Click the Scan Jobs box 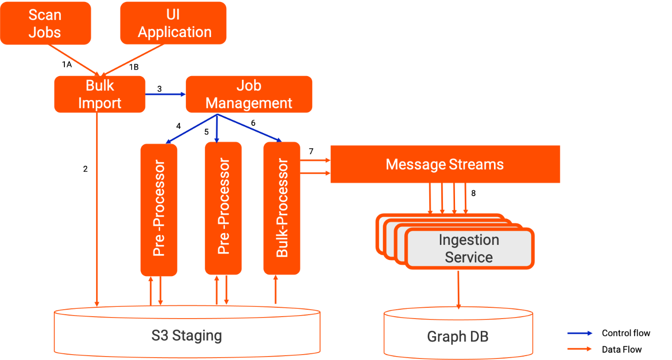45,23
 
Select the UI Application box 173,23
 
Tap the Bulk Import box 99,94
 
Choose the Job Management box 249,94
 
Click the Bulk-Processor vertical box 282,208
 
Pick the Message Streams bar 445,164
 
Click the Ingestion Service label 469,248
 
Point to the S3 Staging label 186,336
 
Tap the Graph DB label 457,337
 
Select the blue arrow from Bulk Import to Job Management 166,94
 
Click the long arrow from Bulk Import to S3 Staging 97,210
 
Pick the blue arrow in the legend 580,334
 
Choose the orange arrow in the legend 580,349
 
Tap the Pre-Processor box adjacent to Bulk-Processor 223,208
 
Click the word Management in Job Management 249,103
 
